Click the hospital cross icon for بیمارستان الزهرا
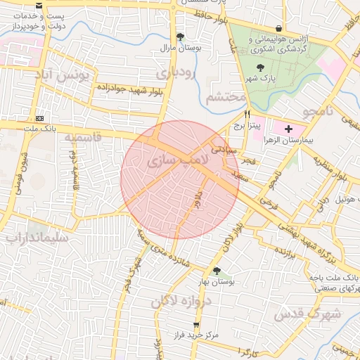[288, 129]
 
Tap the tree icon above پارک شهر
[261, 68]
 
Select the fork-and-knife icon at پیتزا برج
[247, 114]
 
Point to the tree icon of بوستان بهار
[216, 271]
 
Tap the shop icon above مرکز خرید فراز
[196, 325]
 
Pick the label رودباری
[175, 72]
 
